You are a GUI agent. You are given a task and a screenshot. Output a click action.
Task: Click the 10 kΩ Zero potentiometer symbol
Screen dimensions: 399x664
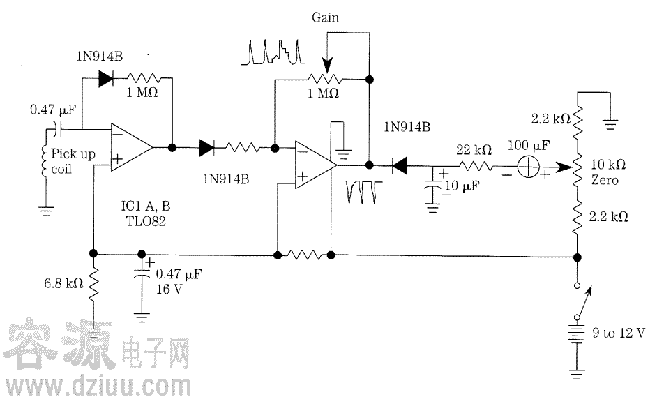point(577,168)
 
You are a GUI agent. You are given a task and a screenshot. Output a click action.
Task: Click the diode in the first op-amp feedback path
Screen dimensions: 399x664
point(106,79)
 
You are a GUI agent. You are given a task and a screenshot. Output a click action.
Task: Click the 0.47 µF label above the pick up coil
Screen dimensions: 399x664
point(53,109)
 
